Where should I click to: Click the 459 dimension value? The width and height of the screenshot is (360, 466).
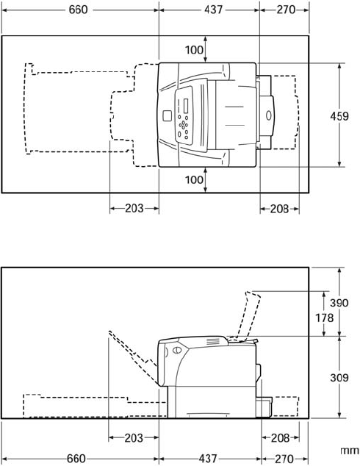[339, 116]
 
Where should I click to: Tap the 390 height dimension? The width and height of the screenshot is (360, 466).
[339, 303]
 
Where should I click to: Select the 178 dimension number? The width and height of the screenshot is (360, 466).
[324, 318]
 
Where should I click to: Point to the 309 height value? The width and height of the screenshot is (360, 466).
[339, 378]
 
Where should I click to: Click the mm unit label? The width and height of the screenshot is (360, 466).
[350, 451]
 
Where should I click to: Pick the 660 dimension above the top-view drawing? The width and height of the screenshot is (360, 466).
[78, 10]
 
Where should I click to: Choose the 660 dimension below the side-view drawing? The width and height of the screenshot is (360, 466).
[76, 459]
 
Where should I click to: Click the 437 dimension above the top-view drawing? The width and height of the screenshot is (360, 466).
[213, 10]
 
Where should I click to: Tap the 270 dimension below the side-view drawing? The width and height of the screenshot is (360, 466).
[284, 459]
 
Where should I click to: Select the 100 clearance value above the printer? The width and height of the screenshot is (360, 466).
[194, 50]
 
